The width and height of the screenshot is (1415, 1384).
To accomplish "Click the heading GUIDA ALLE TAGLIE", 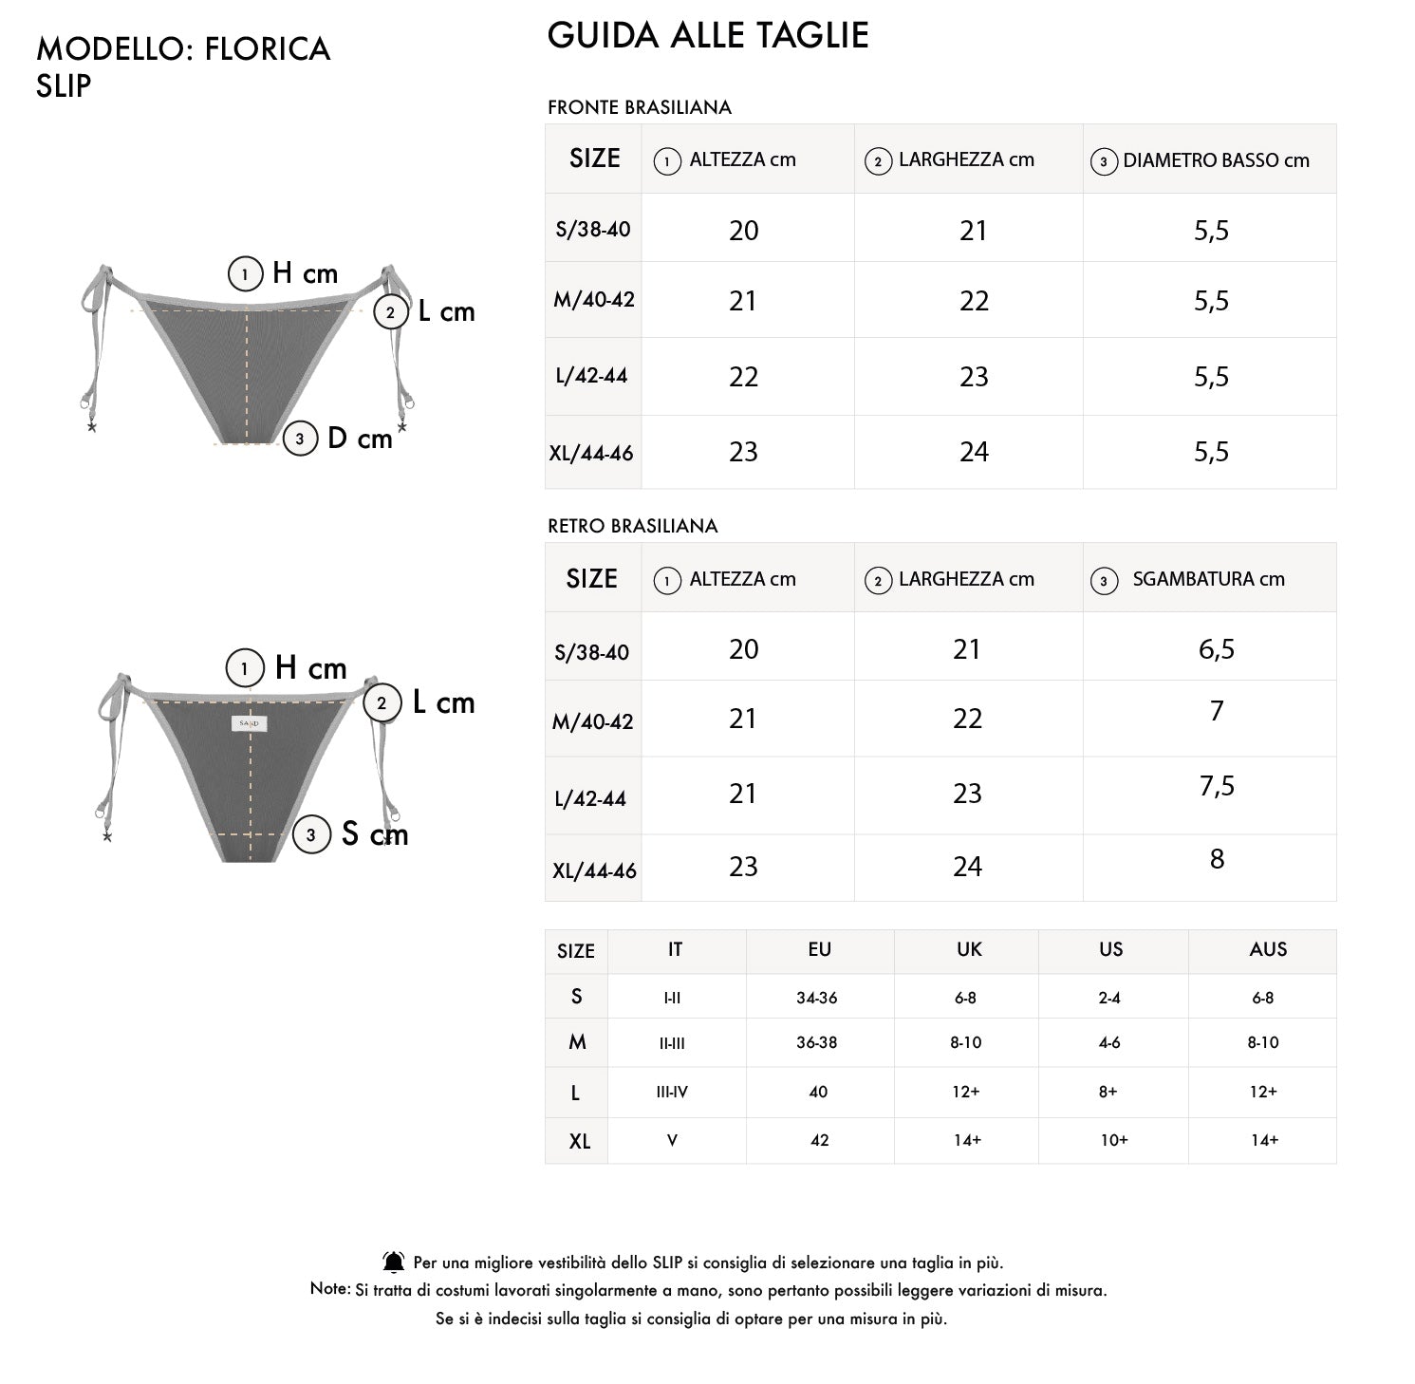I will tap(708, 35).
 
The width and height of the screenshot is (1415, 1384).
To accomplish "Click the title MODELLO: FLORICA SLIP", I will tap(182, 66).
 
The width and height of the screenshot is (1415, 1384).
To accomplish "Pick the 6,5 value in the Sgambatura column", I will tap(1216, 649).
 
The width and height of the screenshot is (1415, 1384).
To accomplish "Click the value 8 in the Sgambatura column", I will tap(1217, 859).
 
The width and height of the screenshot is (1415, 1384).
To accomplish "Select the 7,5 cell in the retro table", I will tap(1217, 786).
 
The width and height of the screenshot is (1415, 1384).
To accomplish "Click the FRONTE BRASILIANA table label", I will tap(639, 107).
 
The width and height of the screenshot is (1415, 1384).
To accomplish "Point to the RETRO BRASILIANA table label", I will tap(632, 526).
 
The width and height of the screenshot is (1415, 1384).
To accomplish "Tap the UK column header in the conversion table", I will tap(968, 949).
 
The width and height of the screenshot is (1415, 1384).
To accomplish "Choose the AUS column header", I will tap(1268, 949).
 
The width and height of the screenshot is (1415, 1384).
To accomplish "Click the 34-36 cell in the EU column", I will tap(816, 998).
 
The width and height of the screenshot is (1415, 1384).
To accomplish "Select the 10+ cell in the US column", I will tap(1114, 1140).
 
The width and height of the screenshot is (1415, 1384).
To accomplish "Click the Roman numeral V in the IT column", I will tap(672, 1140).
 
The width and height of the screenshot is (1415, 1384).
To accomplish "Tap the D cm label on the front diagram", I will tap(359, 439).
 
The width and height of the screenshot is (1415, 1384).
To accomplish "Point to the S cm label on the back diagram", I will tap(374, 834).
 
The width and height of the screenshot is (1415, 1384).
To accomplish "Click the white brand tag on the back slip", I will tap(250, 723).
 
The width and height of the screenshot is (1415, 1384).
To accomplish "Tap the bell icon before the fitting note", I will tap(393, 1262).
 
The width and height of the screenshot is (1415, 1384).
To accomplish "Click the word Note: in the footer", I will tap(330, 1288).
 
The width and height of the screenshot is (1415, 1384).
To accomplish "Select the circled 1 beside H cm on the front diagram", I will tap(245, 274).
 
